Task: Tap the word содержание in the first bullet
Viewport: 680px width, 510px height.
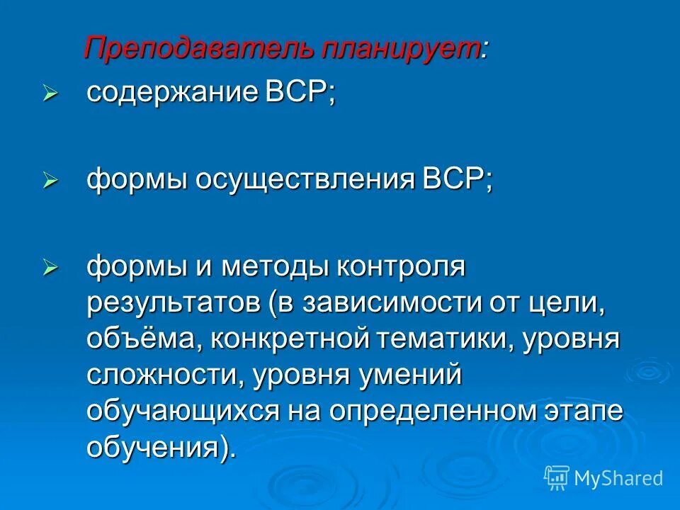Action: (168, 93)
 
